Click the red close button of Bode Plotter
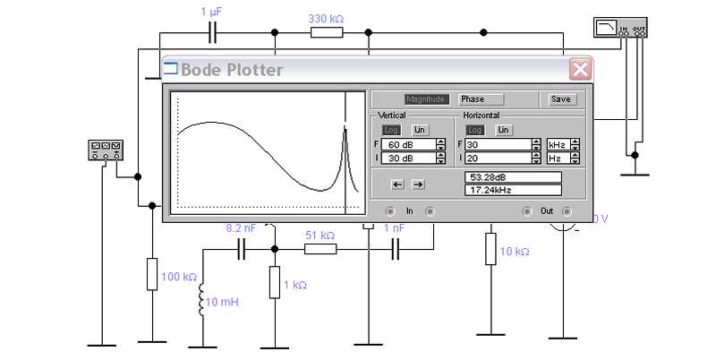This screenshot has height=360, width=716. pyautogui.click(x=580, y=70)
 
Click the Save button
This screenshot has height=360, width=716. pyautogui.click(x=560, y=99)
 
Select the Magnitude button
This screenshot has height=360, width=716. pyautogui.click(x=425, y=99)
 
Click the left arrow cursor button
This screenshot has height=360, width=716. pyautogui.click(x=397, y=184)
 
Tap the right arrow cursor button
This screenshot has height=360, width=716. pyautogui.click(x=417, y=184)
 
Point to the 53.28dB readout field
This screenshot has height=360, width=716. pyautogui.click(x=513, y=177)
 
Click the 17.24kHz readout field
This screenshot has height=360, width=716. pyautogui.click(x=513, y=190)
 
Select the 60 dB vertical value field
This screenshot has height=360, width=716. pyautogui.click(x=409, y=145)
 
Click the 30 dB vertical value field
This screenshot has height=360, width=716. pyautogui.click(x=409, y=159)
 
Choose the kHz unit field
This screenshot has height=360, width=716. pyautogui.click(x=558, y=145)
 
